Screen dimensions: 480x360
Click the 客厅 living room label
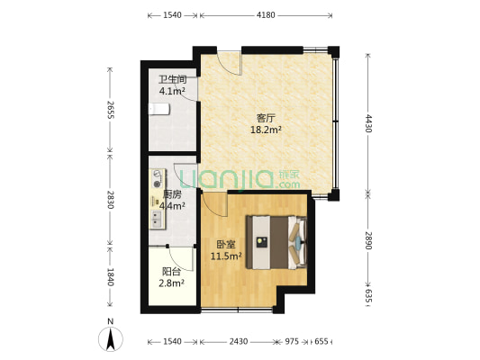click(266, 118)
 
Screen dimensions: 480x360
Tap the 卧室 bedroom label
click(226, 245)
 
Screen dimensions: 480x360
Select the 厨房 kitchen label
click(172, 194)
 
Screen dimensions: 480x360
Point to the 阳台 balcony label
click(171, 271)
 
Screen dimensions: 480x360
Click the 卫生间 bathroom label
click(172, 80)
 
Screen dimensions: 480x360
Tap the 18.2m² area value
click(266, 130)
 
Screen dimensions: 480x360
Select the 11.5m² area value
click(226, 256)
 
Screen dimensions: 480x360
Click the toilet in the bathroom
click(158, 109)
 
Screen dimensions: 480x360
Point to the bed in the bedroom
click(276, 242)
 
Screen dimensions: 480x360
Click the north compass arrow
click(111, 338)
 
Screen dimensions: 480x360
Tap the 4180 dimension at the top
click(266, 15)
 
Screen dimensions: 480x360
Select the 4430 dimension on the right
click(368, 123)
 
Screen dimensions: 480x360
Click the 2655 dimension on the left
click(111, 110)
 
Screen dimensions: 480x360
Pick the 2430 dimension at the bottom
click(239, 341)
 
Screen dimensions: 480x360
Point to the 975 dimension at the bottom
click(292, 341)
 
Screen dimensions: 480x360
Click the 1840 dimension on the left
click(111, 277)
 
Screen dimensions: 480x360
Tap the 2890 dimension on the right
click(368, 240)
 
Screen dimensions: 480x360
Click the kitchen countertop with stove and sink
click(158, 199)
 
